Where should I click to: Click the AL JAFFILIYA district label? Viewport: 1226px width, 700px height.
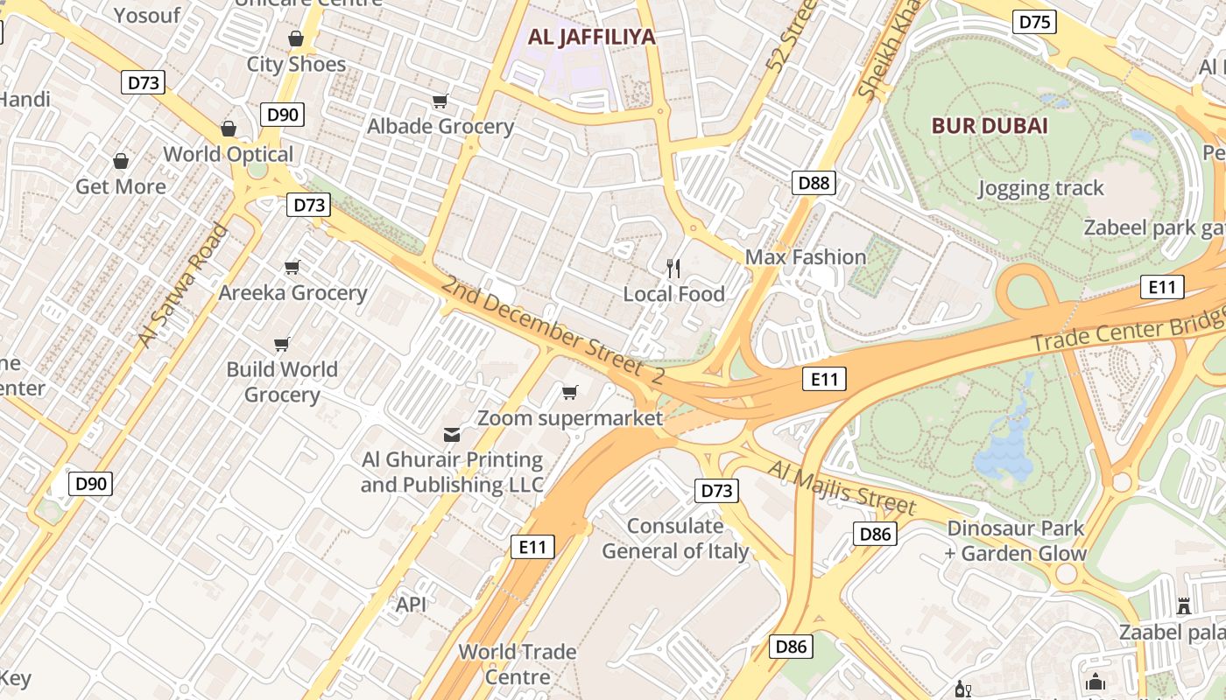click(591, 37)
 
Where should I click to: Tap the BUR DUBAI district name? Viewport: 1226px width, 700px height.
click(990, 125)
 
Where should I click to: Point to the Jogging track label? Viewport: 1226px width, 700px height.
click(1040, 188)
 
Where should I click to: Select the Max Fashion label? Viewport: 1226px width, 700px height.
click(805, 257)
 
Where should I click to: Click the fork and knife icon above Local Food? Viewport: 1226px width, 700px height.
click(673, 269)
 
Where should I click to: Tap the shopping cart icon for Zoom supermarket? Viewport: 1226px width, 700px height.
click(570, 392)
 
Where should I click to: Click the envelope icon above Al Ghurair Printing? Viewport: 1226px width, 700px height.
click(452, 434)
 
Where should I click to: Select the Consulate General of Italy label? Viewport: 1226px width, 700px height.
click(675, 538)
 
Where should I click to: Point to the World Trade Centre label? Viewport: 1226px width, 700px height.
click(518, 664)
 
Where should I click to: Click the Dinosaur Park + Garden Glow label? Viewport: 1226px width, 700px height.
click(1016, 541)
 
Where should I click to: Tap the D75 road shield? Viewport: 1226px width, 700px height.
click(1034, 22)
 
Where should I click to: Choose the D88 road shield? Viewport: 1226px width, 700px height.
click(814, 183)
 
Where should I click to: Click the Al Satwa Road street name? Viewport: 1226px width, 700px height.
click(182, 285)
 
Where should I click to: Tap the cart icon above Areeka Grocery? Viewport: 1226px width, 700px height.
click(292, 267)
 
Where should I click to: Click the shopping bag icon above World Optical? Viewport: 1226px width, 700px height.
click(229, 129)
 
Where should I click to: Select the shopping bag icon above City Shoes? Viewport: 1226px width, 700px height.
click(296, 38)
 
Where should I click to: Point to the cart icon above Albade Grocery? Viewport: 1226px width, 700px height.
click(440, 101)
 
